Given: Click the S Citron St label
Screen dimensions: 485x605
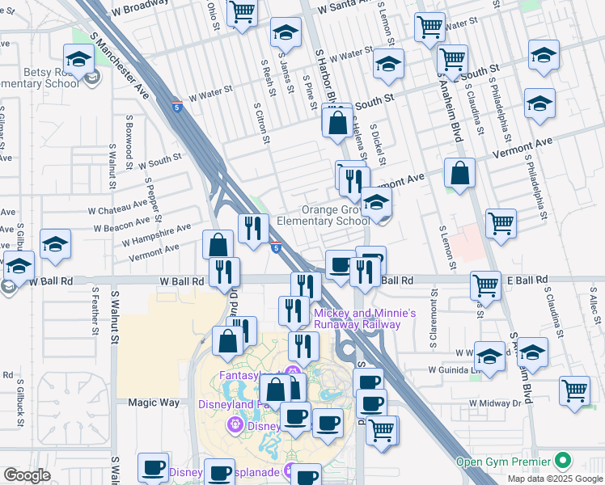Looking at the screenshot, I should tap(262, 124).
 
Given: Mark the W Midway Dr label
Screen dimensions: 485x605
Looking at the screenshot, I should tap(493, 402).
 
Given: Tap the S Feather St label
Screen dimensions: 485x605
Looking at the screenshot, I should tap(95, 305).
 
